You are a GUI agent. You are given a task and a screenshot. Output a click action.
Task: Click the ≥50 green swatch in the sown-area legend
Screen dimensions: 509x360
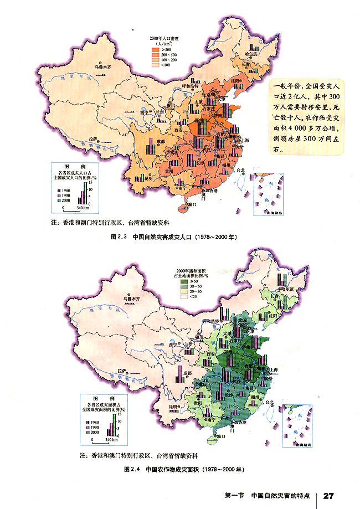(185, 281)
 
